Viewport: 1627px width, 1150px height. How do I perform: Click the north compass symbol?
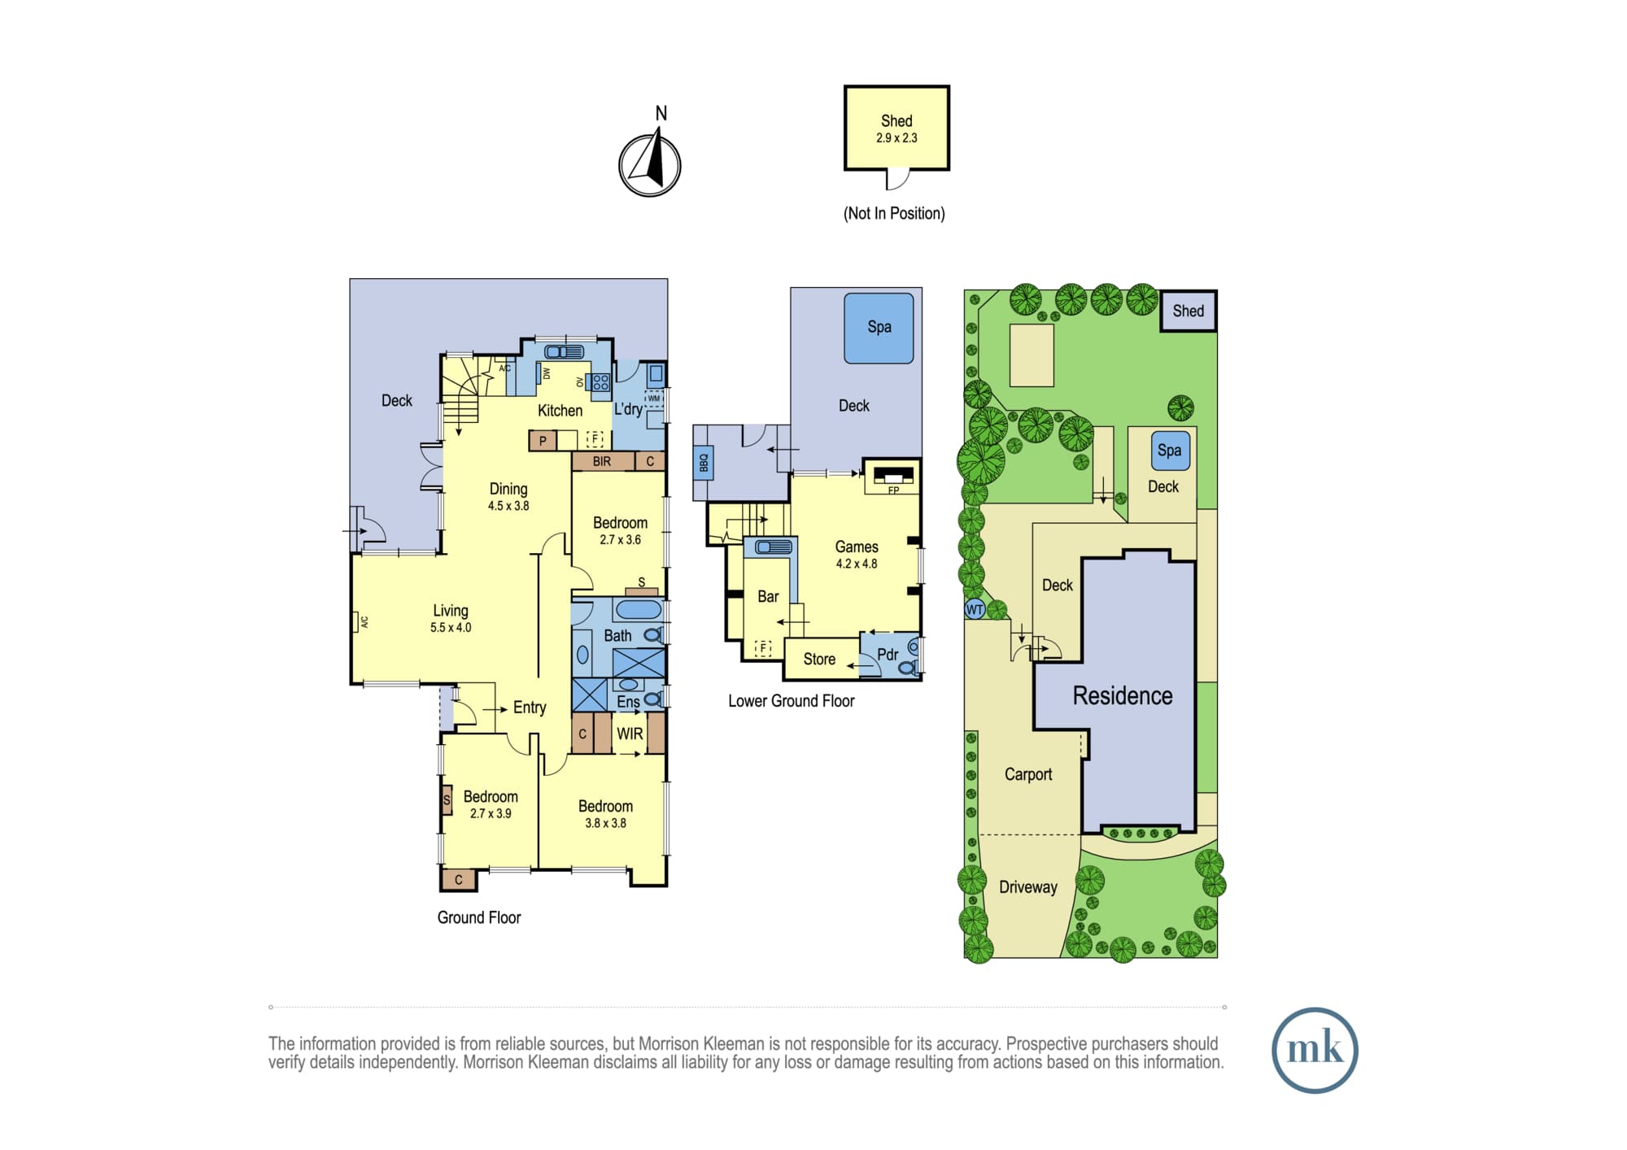650,165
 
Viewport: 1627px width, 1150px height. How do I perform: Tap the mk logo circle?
1315,1050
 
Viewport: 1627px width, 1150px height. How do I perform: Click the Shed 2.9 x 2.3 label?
896,129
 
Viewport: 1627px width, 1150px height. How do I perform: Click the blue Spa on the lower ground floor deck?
879,328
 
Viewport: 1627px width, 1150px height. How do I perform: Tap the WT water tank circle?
975,609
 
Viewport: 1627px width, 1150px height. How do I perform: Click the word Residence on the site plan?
1123,695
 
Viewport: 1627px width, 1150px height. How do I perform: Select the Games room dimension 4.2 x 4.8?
857,564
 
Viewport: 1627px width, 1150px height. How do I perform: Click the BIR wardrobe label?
602,461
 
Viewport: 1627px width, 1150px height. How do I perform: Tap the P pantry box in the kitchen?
543,441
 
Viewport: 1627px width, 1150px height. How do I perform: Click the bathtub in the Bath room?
639,610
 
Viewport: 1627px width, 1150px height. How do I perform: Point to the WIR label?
630,734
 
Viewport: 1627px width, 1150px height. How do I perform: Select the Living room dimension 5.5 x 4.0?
451,628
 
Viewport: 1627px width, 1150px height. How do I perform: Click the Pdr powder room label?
888,655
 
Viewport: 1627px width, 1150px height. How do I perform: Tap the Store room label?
819,660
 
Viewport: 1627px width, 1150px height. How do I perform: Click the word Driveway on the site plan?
1028,887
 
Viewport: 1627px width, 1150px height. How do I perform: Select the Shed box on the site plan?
1189,311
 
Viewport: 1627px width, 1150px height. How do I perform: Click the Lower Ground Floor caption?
791,701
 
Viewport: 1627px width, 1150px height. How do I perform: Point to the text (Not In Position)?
894,213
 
